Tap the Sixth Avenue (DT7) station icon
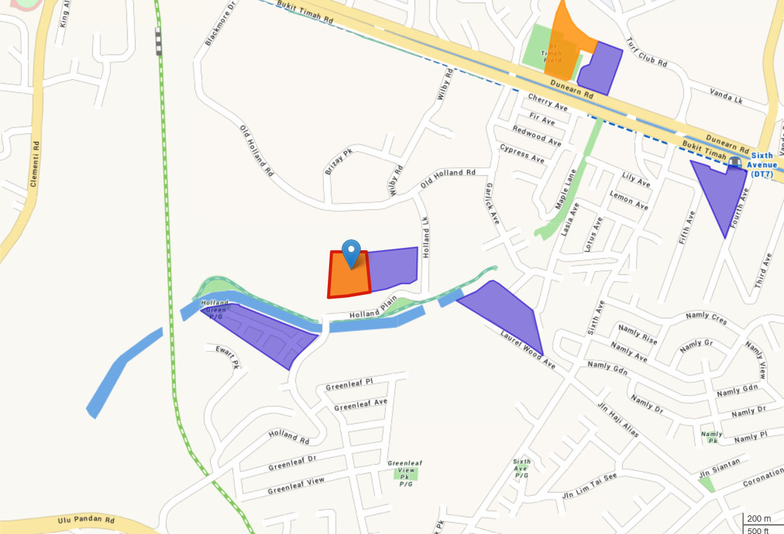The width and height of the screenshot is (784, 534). [735, 163]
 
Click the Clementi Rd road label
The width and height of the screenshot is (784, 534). [35, 164]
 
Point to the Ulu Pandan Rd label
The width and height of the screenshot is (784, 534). [86, 521]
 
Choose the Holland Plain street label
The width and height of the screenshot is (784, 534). [372, 312]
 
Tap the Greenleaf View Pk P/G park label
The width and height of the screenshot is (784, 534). [405, 473]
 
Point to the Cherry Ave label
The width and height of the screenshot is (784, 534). [548, 103]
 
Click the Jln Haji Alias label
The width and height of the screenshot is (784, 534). [618, 419]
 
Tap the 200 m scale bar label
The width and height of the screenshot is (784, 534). [759, 519]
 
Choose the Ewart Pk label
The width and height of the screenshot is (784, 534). [227, 358]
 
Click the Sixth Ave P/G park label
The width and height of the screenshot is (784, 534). [522, 469]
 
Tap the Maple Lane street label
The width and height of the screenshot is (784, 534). [566, 188]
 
